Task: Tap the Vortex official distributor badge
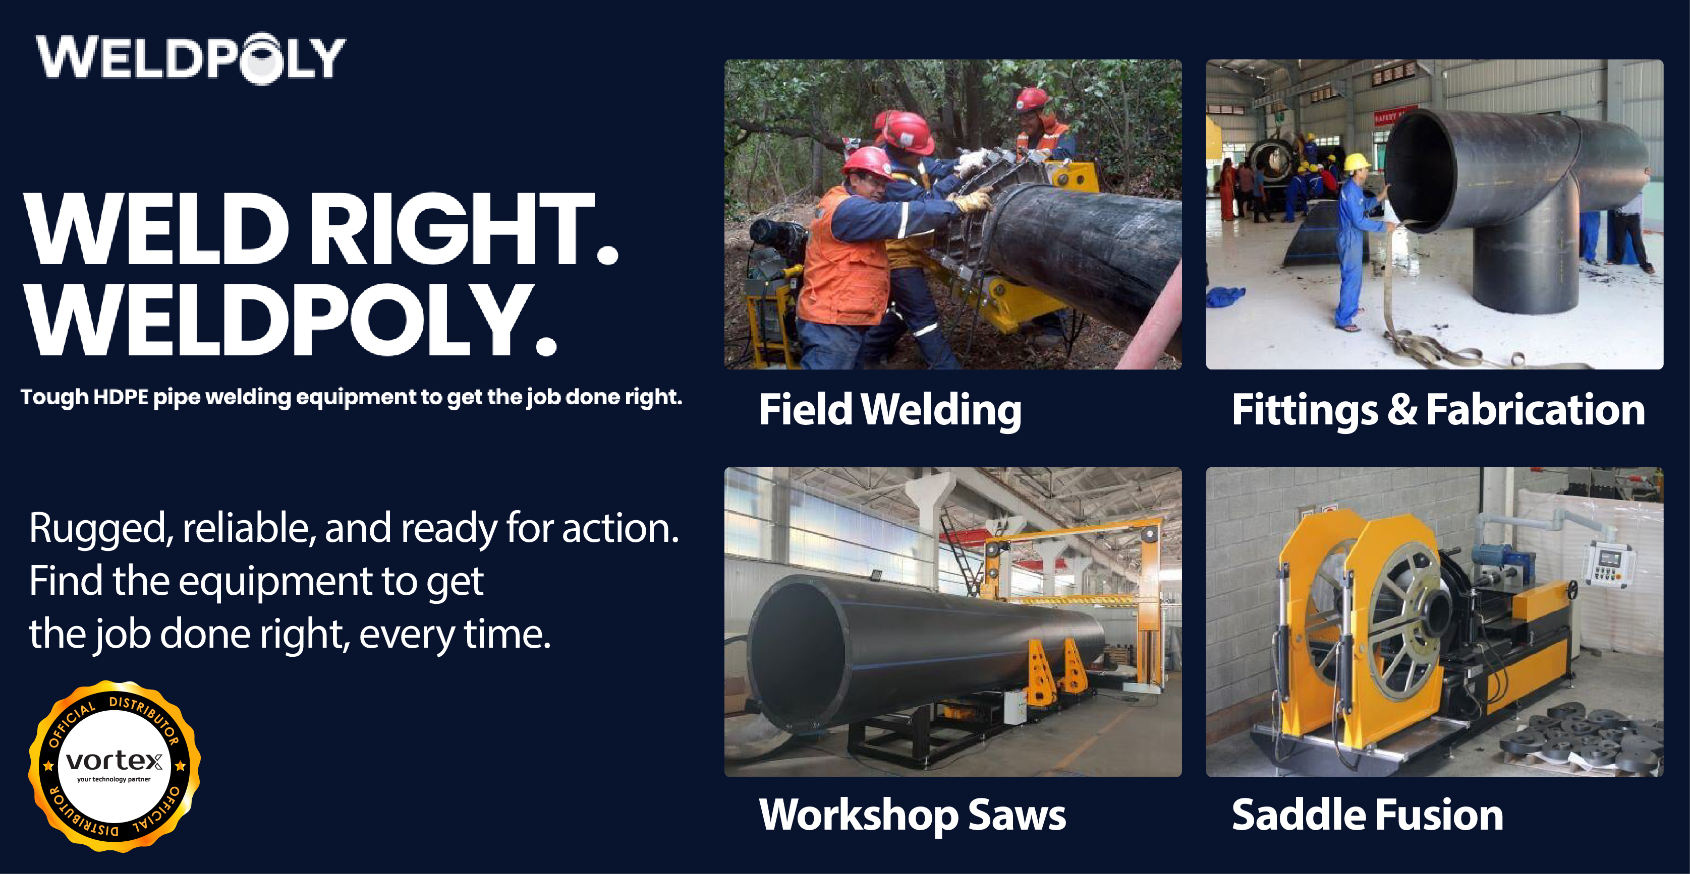coord(114,766)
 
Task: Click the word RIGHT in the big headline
coord(452,229)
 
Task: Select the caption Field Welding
coord(889,410)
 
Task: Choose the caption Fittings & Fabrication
coord(1438,410)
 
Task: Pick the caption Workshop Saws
coord(912,815)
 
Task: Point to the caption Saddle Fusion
coord(1367,815)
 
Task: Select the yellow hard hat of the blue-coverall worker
coord(1356,161)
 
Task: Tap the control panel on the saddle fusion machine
coord(1609,564)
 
